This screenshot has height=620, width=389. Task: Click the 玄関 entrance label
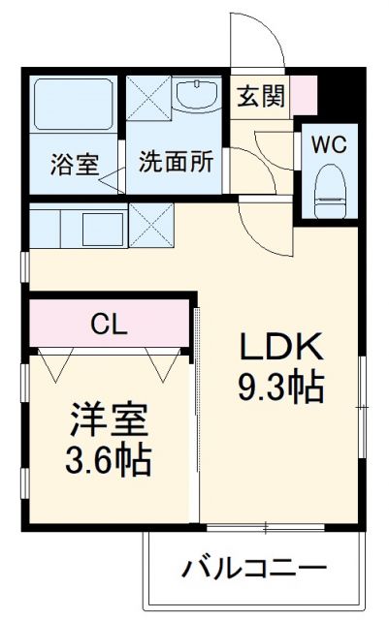260,97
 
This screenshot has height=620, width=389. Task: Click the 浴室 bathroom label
74,164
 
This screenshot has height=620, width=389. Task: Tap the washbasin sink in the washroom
199,98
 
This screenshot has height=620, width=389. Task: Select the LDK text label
281,346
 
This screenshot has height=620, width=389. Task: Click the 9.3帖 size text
281,388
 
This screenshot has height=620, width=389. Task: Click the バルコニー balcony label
251,568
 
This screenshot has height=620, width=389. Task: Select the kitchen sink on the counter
102,230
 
